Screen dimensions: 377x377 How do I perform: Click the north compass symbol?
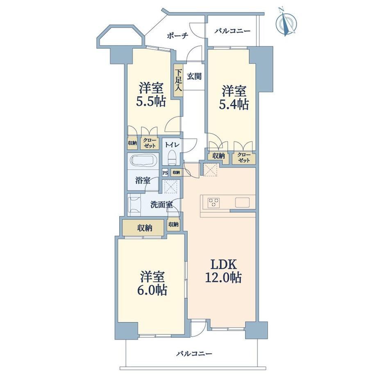286,23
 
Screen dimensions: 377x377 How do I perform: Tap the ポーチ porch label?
177,36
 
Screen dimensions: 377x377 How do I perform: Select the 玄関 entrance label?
194,77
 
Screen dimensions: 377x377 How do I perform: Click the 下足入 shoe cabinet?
178,80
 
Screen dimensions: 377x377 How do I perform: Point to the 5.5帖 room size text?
151,102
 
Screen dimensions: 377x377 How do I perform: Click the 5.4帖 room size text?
234,104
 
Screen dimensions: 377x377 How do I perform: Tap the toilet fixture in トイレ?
172,158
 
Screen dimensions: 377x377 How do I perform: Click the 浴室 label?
143,180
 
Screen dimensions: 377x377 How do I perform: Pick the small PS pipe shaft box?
165,173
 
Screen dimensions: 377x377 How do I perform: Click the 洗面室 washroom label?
161,204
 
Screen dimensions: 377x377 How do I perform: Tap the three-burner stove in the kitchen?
213,202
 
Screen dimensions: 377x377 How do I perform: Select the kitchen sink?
242,202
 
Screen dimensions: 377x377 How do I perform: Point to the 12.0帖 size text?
223,278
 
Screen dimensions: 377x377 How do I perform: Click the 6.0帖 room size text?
152,290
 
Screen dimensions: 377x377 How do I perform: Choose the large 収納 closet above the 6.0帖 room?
144,227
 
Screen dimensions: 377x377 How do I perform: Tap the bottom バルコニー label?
194,354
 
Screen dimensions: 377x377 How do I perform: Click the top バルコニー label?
232,31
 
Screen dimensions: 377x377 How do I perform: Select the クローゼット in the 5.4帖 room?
244,158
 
